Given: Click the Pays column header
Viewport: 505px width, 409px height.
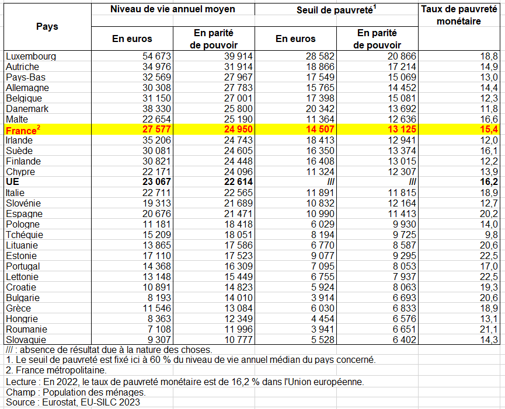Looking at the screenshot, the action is pyautogui.click(x=47, y=26).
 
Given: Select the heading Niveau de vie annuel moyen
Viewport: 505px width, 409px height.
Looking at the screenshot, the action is pyautogui.click(x=173, y=9).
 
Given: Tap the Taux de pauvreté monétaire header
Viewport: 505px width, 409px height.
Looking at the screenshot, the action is pyautogui.click(x=459, y=15).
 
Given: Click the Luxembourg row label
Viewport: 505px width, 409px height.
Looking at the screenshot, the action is pyautogui.click(x=31, y=57).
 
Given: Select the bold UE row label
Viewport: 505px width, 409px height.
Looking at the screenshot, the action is pyautogui.click(x=13, y=182).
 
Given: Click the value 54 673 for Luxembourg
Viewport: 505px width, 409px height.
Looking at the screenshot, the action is pyautogui.click(x=156, y=57).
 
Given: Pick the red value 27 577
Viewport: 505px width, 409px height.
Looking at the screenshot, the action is pyautogui.click(x=156, y=130).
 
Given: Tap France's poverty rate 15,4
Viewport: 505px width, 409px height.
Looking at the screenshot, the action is pyautogui.click(x=489, y=130).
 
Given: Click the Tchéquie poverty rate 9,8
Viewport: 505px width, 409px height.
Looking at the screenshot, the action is pyautogui.click(x=491, y=235).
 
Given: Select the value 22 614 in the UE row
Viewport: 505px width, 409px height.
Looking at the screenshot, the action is pyautogui.click(x=238, y=182).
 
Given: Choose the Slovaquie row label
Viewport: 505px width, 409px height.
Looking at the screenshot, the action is pyautogui.click(x=26, y=340).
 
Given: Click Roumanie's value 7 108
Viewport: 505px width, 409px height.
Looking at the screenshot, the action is pyautogui.click(x=159, y=329).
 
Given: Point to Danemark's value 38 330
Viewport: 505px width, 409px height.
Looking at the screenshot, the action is pyautogui.click(x=156, y=109).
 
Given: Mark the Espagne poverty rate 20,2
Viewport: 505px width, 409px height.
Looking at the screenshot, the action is pyautogui.click(x=489, y=214).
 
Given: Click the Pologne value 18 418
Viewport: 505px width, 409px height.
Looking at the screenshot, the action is pyautogui.click(x=238, y=224).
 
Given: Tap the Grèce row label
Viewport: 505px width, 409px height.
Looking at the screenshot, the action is pyautogui.click(x=18, y=308).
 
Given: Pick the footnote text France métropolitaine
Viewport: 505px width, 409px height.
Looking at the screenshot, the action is pyautogui.click(x=61, y=370).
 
